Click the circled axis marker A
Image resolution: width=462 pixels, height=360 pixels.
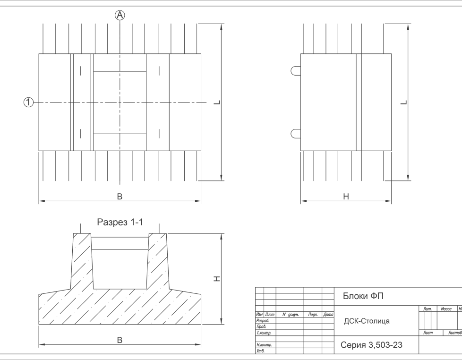pos(120,15)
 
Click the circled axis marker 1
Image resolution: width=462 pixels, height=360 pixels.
pos(28,103)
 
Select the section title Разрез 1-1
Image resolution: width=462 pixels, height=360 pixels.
pos(120,222)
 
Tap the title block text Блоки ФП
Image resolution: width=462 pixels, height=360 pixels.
pos(363,296)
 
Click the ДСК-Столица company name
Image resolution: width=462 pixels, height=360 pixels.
pos(367,321)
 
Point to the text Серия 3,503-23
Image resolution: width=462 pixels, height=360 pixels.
pos(371,345)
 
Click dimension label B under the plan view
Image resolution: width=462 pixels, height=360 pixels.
pos(120,197)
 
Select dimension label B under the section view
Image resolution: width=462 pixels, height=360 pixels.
pos(120,340)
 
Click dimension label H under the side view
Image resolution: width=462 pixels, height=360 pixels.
pos(346,197)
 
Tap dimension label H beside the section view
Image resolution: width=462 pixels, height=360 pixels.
pos(217,279)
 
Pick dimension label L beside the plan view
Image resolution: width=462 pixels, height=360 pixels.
pos(217,103)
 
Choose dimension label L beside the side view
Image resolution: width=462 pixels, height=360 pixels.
pos(404,103)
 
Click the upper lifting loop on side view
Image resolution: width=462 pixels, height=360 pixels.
pos(296,71)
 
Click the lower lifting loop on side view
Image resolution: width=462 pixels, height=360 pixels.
pos(296,133)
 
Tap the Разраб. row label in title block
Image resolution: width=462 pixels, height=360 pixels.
pos(263,320)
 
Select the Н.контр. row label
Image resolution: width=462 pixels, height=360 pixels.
pos(264,345)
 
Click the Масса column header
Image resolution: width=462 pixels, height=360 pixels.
pos(446,309)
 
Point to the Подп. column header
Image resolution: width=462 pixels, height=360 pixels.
pos(313,315)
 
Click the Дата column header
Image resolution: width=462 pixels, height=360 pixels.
pos(328,315)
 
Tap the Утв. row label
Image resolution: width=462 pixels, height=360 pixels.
pos(261,351)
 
